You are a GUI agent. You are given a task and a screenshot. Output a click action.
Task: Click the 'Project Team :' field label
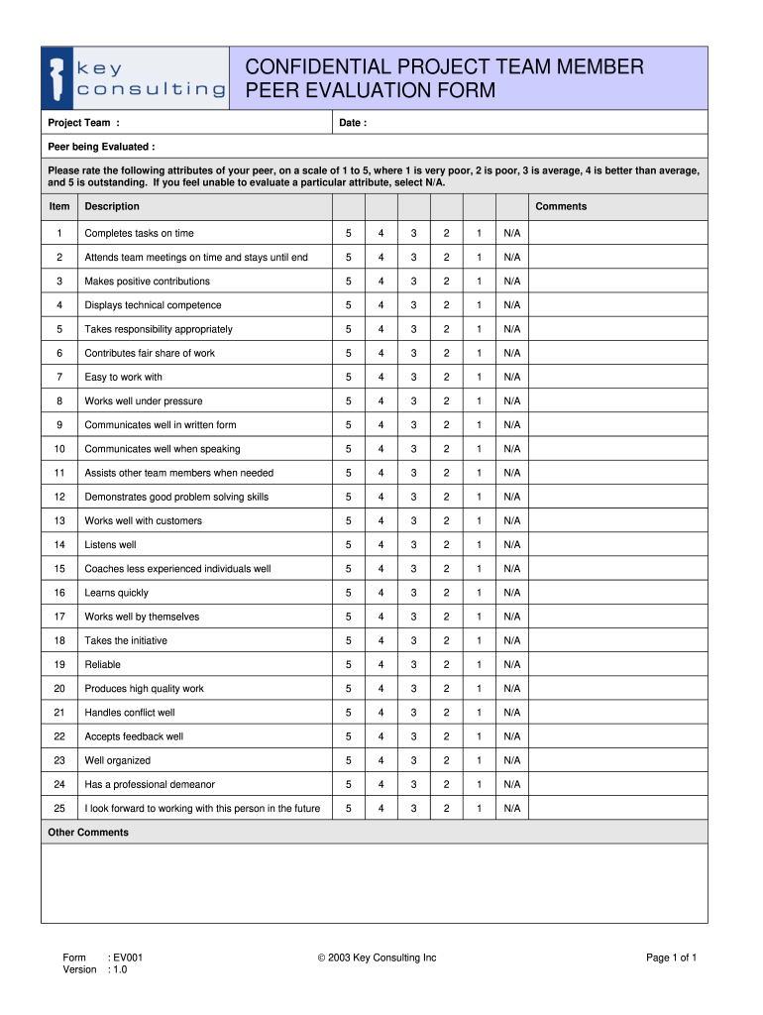84,123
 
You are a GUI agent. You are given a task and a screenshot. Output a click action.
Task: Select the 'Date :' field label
353,123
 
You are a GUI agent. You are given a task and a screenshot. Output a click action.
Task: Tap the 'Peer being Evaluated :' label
102,147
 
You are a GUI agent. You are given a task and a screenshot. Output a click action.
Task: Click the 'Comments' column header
561,206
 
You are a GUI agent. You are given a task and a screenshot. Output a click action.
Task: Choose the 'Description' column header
112,206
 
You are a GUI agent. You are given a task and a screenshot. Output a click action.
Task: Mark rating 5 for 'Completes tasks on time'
348,233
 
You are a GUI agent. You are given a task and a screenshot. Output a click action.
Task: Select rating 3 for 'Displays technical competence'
413,305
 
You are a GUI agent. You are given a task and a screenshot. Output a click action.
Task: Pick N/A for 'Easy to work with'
511,377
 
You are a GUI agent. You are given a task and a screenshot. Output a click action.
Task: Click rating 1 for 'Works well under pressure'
479,401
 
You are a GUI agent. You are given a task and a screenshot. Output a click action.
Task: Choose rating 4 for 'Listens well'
381,545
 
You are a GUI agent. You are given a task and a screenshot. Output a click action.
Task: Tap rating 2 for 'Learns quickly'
446,593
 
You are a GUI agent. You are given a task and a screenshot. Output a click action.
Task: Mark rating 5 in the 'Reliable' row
348,665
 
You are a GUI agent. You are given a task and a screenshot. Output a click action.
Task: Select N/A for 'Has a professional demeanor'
511,785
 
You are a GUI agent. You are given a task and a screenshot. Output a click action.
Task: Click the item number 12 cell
59,497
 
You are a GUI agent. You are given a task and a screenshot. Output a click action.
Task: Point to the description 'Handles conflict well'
130,713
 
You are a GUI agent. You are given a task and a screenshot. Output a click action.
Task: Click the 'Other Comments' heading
88,833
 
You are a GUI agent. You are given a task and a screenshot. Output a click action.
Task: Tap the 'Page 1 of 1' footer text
672,958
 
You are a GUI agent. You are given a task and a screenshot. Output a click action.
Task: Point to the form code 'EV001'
128,958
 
